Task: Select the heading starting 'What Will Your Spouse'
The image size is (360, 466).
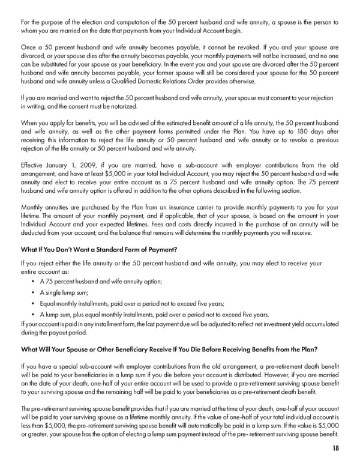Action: pyautogui.click(x=169, y=349)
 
